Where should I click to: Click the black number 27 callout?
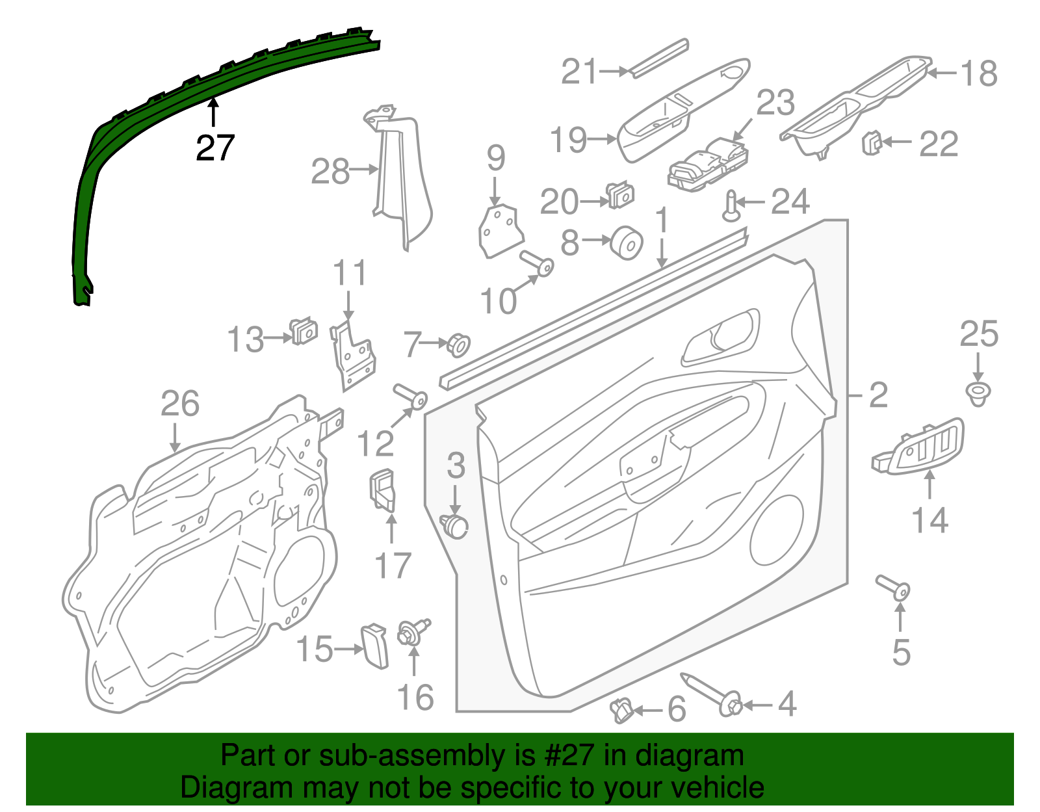pyautogui.click(x=214, y=148)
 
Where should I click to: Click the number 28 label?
pyautogui.click(x=330, y=172)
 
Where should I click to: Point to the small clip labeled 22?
pyautogui.click(x=871, y=142)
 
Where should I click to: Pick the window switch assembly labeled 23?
pyautogui.click(x=708, y=164)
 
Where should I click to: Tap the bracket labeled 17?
pyautogui.click(x=383, y=489)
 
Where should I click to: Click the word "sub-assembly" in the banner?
pyautogui.click(x=409, y=755)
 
